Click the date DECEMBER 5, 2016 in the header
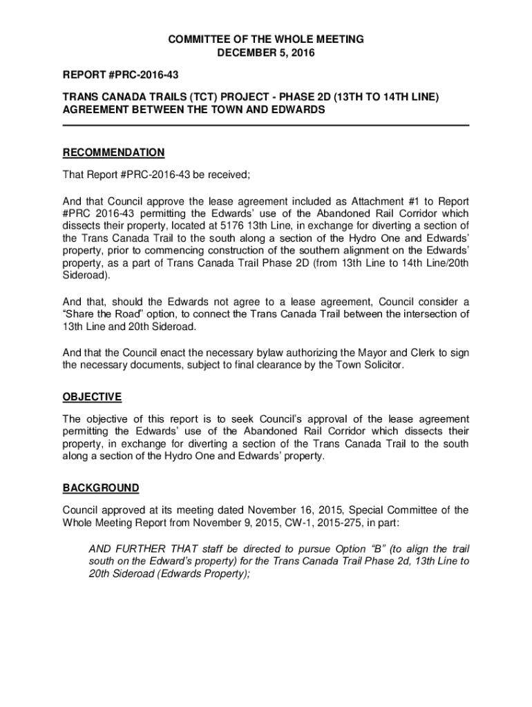(x=266, y=53)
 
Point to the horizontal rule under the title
(x=266, y=125)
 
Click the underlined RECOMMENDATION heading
(x=113, y=153)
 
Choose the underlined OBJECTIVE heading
(x=92, y=397)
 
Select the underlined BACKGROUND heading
(x=101, y=488)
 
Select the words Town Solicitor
(x=365, y=365)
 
